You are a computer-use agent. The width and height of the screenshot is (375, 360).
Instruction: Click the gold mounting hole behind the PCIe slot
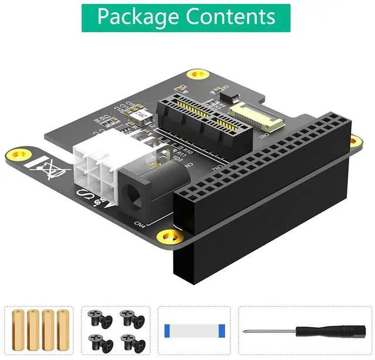tap(197, 74)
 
